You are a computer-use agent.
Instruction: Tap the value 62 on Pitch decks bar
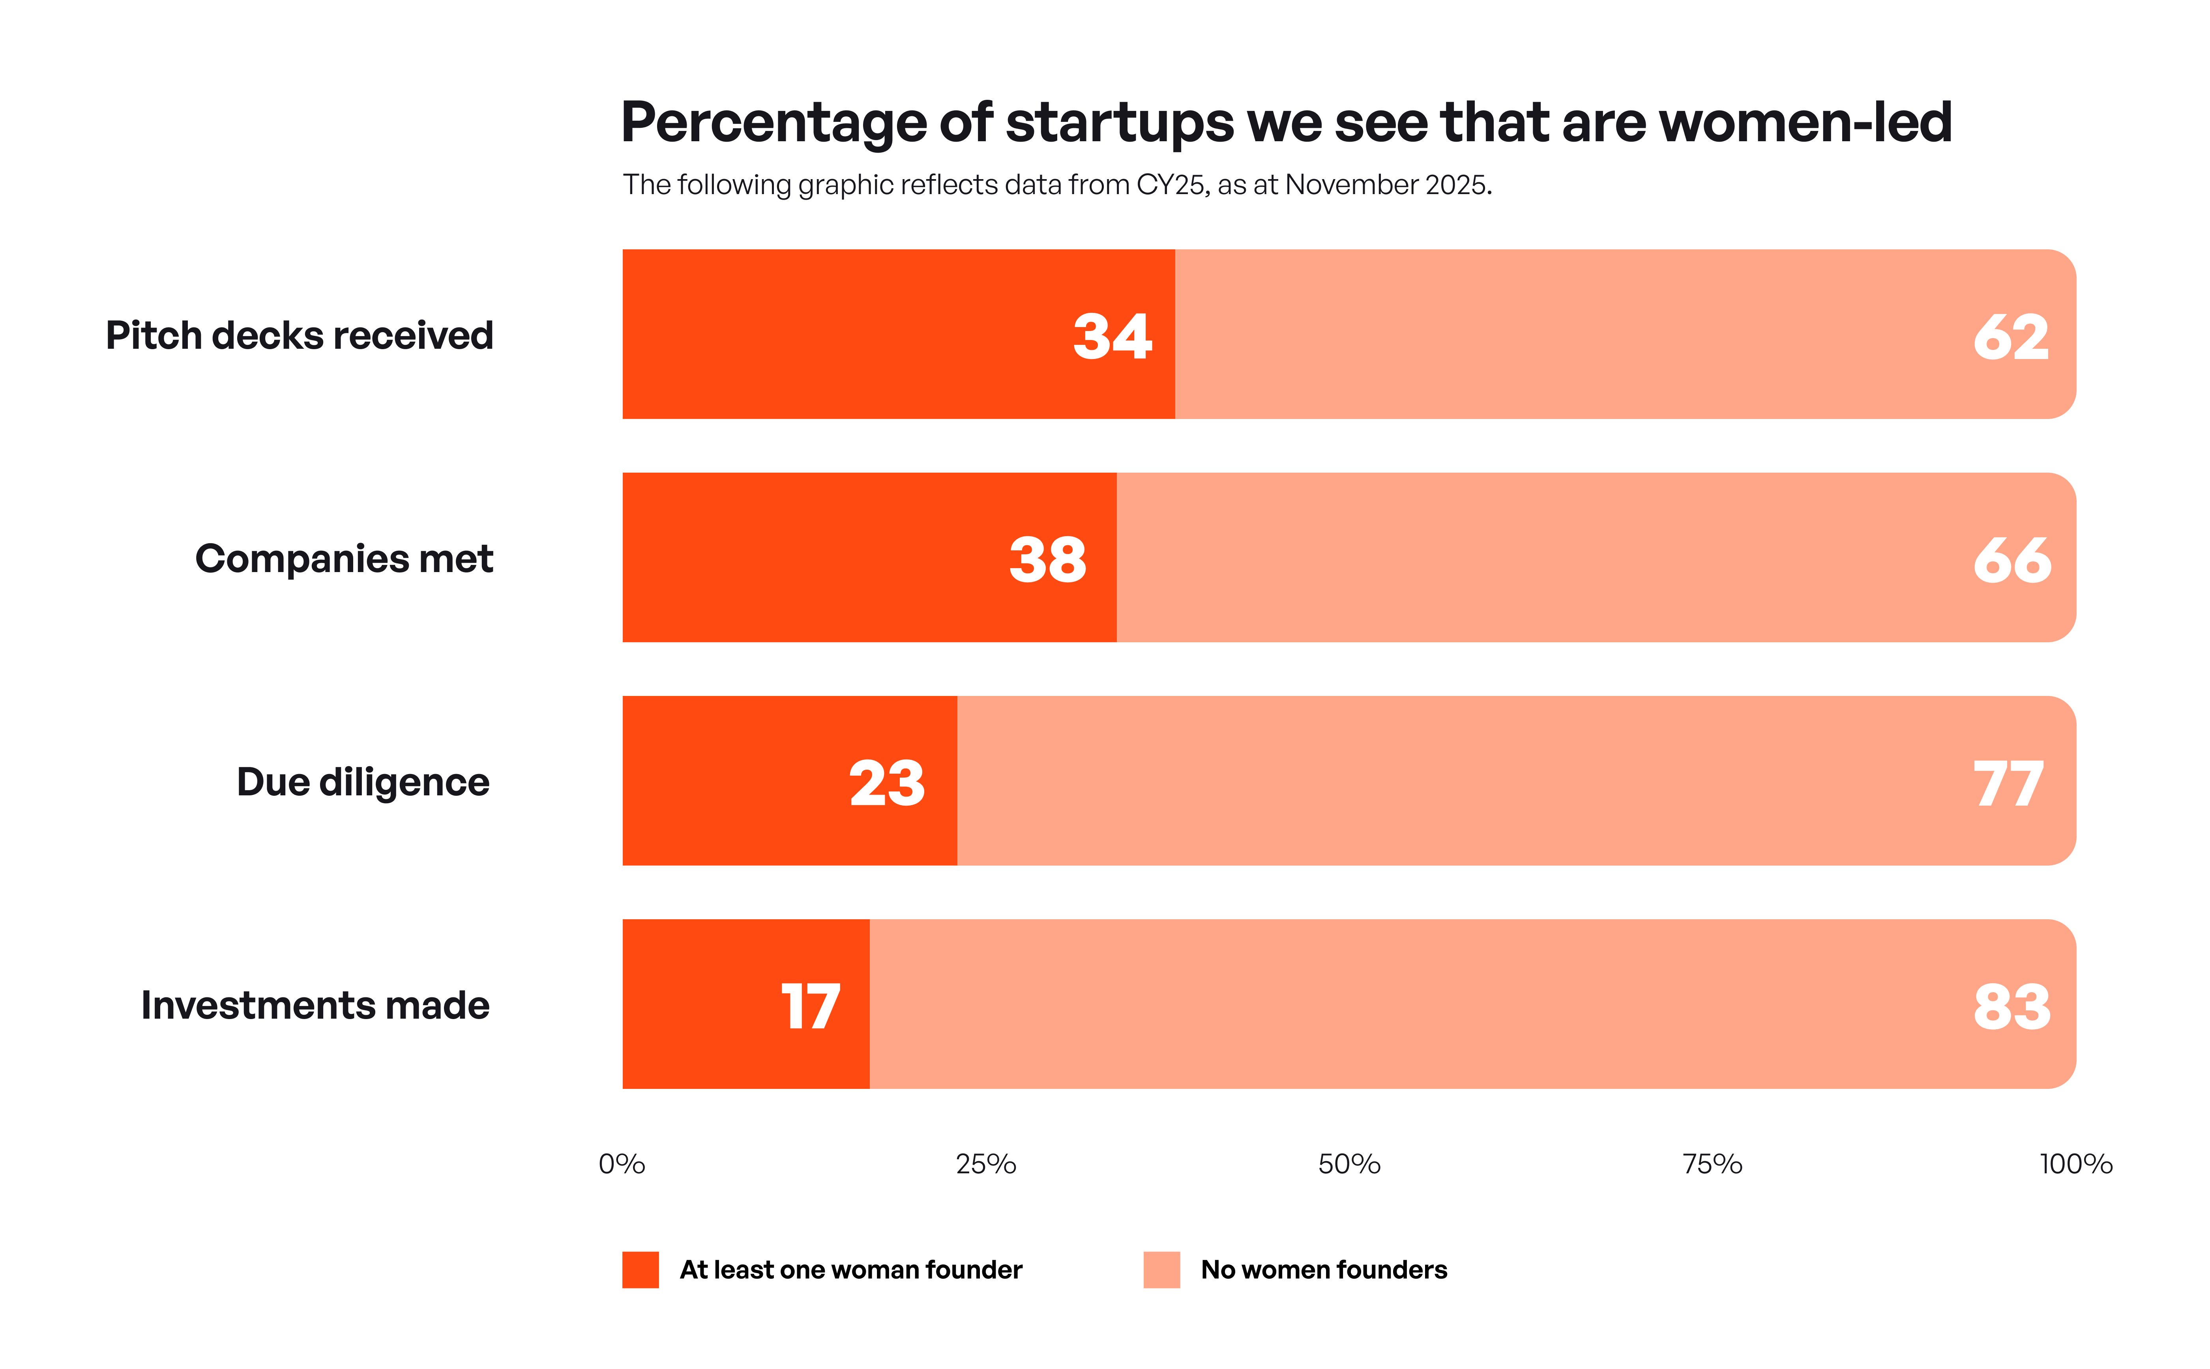point(2011,337)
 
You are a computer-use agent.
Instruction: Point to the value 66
point(2011,559)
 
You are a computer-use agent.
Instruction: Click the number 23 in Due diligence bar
point(887,783)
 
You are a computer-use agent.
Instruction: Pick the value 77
point(2008,783)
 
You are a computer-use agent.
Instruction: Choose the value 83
point(2011,1006)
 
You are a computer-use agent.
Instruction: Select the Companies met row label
point(344,559)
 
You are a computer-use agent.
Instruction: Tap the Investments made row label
point(315,1005)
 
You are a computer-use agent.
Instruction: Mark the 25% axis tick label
point(985,1163)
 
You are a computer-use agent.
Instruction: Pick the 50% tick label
point(1348,1163)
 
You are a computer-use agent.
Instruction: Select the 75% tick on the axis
point(1712,1163)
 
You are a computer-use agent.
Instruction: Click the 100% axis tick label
point(2075,1163)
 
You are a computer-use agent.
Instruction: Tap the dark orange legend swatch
point(641,1270)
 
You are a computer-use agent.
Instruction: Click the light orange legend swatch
point(1161,1270)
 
